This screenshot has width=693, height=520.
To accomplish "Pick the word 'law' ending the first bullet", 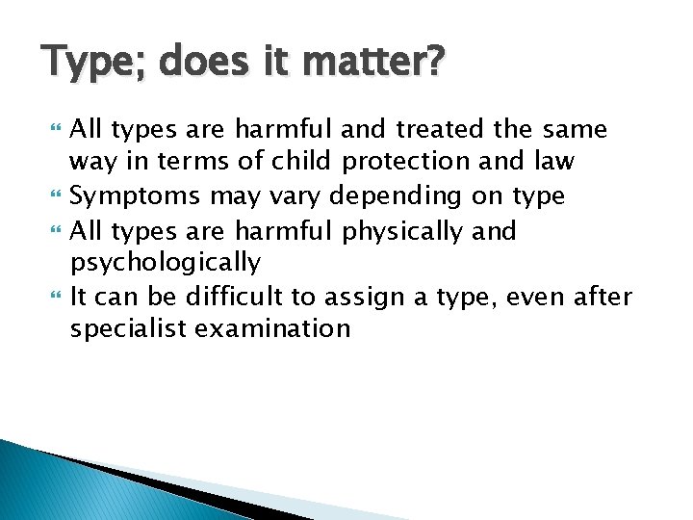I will point(556,160).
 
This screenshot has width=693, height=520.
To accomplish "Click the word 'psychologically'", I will point(166,262).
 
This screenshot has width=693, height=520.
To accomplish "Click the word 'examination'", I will point(271,328).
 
